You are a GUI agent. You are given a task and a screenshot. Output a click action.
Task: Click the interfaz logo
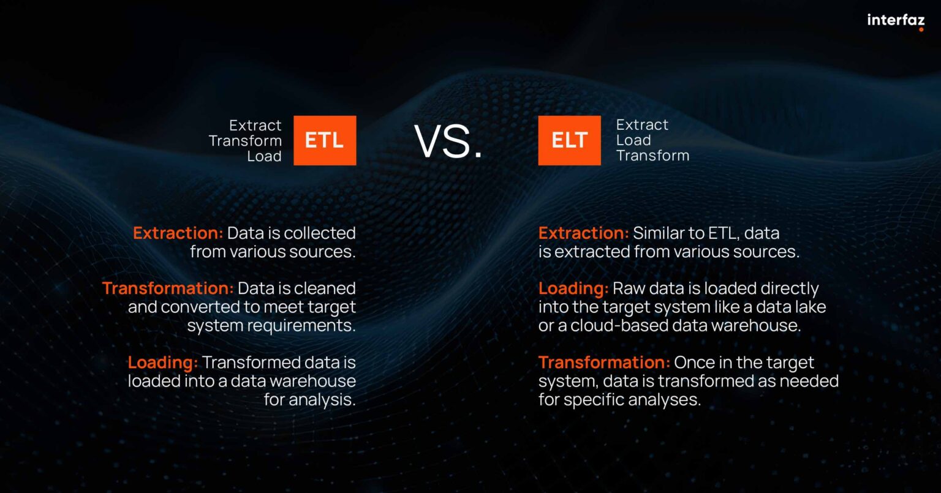point(895,21)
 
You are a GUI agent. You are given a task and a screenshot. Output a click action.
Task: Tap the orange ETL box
point(325,140)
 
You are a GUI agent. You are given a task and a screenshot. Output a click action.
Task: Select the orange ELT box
point(569,140)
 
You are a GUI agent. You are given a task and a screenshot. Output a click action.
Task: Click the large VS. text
point(448,142)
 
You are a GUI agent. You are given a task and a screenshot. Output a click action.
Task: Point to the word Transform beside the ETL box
point(245,141)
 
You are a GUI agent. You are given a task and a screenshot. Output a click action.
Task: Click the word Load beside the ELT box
point(633,140)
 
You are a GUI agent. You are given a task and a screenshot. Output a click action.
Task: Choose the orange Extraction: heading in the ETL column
point(178,233)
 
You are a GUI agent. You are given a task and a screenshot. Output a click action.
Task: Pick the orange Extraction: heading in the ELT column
point(583,233)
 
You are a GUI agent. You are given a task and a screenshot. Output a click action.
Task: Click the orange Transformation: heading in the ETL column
point(168,288)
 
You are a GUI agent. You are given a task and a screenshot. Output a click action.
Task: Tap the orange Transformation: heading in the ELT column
point(604,363)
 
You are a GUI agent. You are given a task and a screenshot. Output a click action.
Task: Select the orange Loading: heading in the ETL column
point(162,363)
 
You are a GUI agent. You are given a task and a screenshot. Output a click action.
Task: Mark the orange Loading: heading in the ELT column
point(573,288)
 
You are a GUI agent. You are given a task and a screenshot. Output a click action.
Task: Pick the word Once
point(695,363)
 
